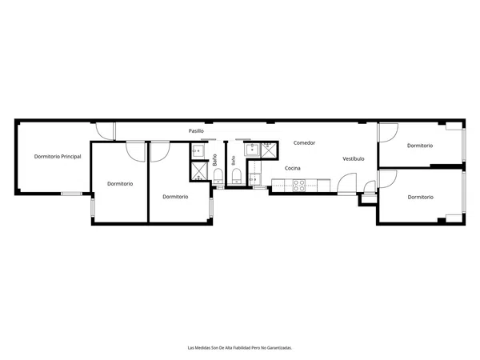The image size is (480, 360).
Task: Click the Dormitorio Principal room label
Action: (x=58, y=157)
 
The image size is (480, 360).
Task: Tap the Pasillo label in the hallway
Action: (x=196, y=131)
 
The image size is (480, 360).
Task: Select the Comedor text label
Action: (x=304, y=142)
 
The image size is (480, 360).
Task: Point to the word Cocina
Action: (x=292, y=168)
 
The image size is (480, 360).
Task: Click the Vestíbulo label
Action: (x=354, y=159)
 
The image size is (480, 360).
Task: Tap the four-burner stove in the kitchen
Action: (x=298, y=186)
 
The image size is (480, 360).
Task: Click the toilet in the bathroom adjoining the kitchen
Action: (x=237, y=176)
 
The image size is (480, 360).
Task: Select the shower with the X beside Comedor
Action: (x=269, y=150)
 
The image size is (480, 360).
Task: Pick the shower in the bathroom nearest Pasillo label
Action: (x=198, y=171)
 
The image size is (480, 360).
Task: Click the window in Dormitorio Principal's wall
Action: (x=71, y=194)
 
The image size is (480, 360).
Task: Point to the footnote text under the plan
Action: (x=240, y=348)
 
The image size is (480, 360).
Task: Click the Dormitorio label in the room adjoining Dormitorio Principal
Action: (x=120, y=184)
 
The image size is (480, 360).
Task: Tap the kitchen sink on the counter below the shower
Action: (x=254, y=179)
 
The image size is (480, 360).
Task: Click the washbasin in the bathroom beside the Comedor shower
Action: (x=252, y=150)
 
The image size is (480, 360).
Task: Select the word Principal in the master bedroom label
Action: (x=71, y=157)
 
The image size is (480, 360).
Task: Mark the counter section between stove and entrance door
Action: (x=323, y=186)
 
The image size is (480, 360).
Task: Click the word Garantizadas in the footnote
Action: (x=279, y=348)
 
